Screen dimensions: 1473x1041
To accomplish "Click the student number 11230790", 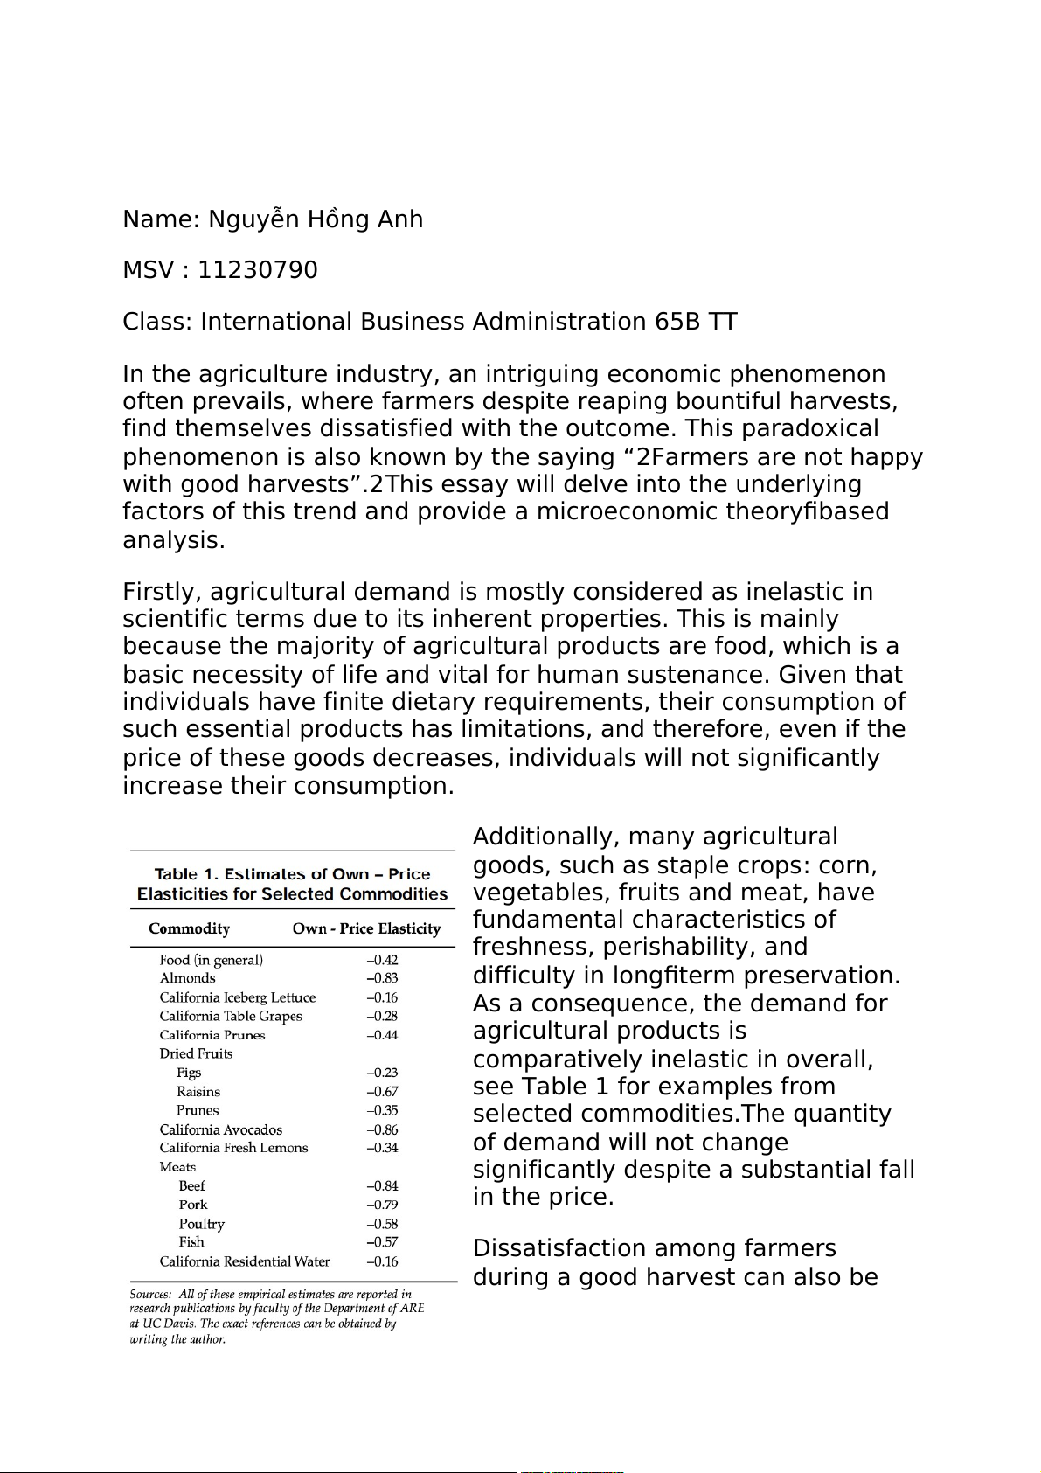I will [x=258, y=270].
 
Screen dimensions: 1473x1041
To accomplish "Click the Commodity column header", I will [x=189, y=928].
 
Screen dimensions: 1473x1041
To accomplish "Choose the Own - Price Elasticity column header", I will [x=366, y=928].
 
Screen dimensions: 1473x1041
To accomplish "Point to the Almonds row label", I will [x=187, y=978].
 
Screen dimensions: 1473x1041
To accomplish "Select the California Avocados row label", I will [x=220, y=1129].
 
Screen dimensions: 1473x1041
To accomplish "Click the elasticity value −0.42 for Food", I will [x=382, y=960].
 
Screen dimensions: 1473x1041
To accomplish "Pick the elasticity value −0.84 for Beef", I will [x=382, y=1186].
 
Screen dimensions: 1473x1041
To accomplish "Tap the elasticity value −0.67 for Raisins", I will [x=382, y=1092].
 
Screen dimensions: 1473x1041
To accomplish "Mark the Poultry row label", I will [x=201, y=1224].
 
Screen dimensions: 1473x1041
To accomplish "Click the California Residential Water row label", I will [x=244, y=1261].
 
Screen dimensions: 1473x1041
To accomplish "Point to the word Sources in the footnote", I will [x=149, y=1294].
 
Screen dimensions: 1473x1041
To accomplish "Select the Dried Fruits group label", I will [x=196, y=1053].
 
